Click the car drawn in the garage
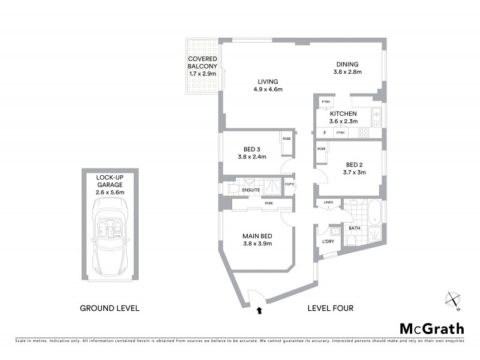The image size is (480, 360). pos(110,236)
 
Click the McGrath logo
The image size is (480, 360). pos(431,328)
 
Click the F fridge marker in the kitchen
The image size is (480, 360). pos(325,133)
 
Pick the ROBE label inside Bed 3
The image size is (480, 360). pos(286,139)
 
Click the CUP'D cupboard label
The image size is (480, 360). pos(289,185)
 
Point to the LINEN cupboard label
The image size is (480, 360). pos(328,203)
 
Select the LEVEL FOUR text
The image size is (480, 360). pos(330,308)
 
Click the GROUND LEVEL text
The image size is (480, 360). pos(110,308)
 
